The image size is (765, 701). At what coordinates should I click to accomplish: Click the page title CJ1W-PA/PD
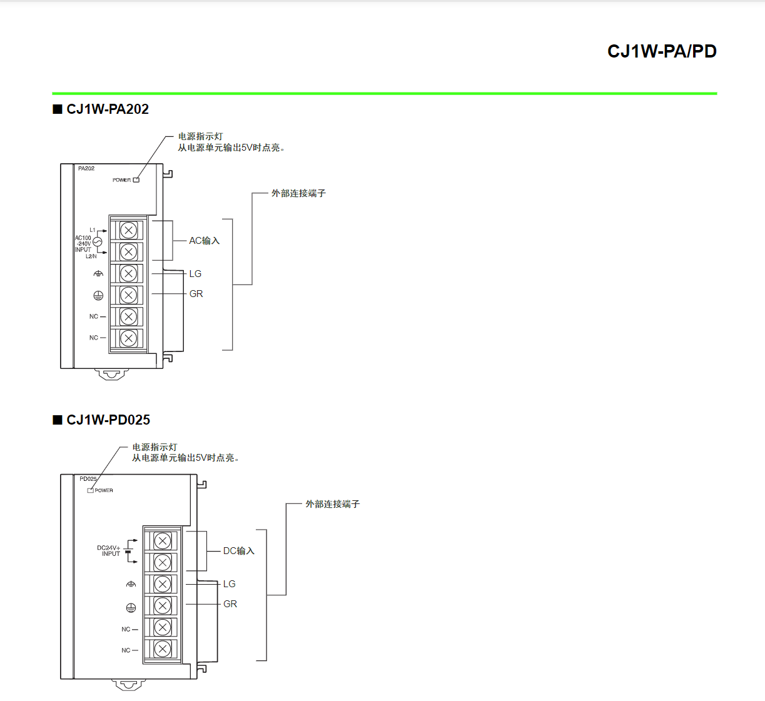pyautogui.click(x=662, y=51)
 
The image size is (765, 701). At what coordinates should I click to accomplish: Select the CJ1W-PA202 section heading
pyautogui.click(x=107, y=109)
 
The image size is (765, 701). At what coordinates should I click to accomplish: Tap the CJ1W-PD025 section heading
pyautogui.click(x=108, y=420)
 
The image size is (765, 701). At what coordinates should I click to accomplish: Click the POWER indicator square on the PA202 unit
pyautogui.click(x=136, y=180)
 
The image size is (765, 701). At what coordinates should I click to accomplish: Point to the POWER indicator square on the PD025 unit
pyautogui.click(x=91, y=490)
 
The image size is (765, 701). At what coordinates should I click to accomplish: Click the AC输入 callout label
pyautogui.click(x=204, y=241)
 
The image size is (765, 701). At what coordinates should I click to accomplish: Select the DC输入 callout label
pyautogui.click(x=238, y=551)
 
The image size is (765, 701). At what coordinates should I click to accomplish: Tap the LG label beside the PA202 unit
pyautogui.click(x=195, y=274)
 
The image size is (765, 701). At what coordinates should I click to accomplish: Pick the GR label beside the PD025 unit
pyautogui.click(x=230, y=604)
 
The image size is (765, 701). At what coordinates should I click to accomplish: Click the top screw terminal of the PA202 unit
pyautogui.click(x=128, y=230)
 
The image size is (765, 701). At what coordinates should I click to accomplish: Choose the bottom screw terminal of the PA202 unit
pyautogui.click(x=128, y=338)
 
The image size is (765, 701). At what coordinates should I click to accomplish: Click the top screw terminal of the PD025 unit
pyautogui.click(x=163, y=541)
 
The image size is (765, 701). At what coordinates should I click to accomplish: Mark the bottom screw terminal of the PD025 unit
pyautogui.click(x=163, y=649)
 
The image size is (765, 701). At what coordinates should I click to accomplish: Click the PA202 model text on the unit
pyautogui.click(x=86, y=169)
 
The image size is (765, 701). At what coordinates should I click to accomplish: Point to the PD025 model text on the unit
pyautogui.click(x=88, y=479)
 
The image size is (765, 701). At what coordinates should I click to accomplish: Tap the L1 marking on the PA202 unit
pyautogui.click(x=93, y=230)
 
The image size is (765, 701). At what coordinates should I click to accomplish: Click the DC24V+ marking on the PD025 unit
pyautogui.click(x=108, y=548)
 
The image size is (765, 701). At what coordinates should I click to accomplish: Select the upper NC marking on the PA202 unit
pyautogui.click(x=94, y=316)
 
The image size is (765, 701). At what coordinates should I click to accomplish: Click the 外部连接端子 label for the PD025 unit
pyautogui.click(x=332, y=504)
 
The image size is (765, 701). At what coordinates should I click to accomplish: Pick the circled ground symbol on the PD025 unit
pyautogui.click(x=131, y=608)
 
